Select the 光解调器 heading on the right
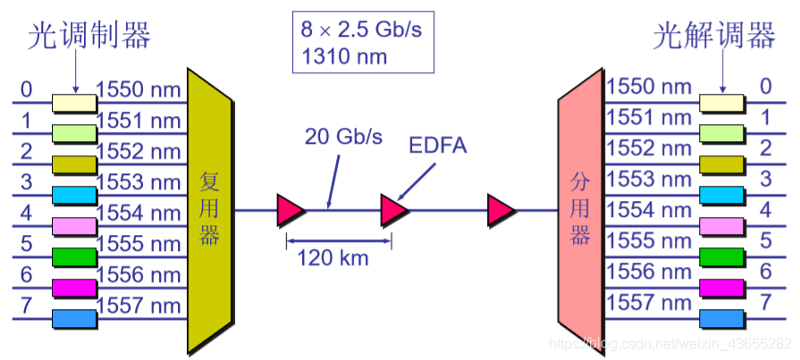713,36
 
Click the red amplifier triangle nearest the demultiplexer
500,211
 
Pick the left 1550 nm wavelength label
139,89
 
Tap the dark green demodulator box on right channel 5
721,256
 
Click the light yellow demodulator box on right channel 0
721,103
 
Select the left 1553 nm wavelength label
139,182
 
